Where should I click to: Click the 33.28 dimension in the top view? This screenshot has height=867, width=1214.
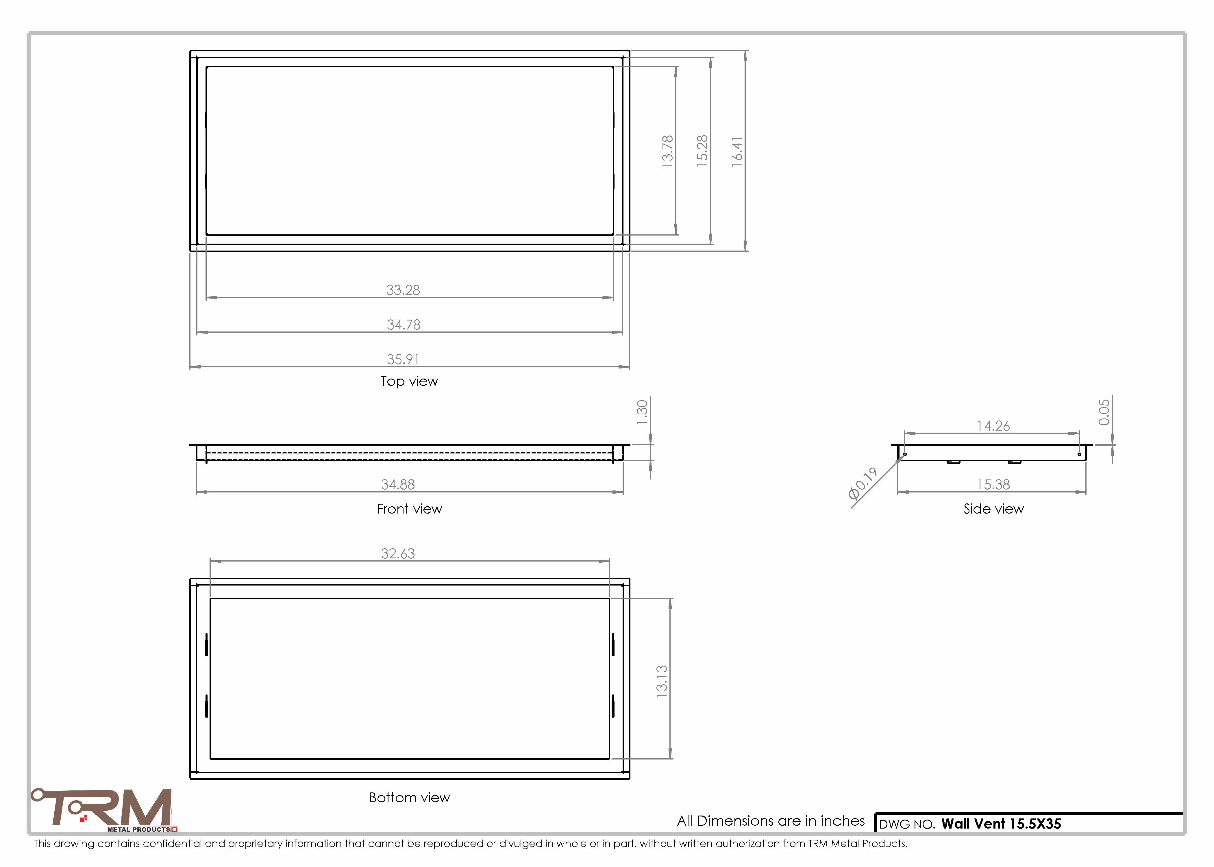[x=403, y=290]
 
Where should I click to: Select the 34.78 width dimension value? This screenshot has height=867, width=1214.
[x=404, y=325]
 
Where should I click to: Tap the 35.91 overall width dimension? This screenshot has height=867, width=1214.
[x=403, y=359]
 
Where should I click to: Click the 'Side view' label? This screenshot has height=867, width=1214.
[x=993, y=509]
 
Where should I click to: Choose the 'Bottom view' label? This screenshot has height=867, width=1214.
[x=410, y=798]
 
